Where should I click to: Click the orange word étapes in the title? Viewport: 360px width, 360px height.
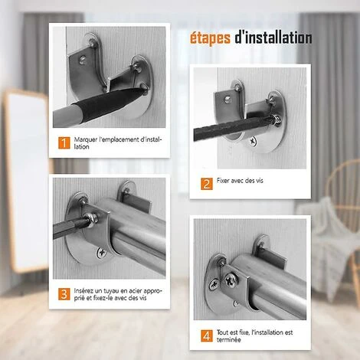tap(210, 38)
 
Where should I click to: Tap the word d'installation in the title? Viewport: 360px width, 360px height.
tap(273, 38)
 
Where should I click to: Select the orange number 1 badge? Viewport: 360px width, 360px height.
tap(64, 142)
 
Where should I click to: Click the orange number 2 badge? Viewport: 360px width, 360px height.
tap(207, 184)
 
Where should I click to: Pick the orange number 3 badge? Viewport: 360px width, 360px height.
tap(64, 294)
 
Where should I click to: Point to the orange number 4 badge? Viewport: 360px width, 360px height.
tap(207, 335)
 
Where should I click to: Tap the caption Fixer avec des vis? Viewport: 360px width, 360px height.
tap(240, 181)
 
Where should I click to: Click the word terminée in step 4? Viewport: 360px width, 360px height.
tap(228, 340)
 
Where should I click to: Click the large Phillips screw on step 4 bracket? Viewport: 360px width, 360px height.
tap(231, 280)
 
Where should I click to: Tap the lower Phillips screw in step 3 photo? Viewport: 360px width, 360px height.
tap(102, 254)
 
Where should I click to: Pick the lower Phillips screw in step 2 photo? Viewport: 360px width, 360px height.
tap(253, 141)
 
